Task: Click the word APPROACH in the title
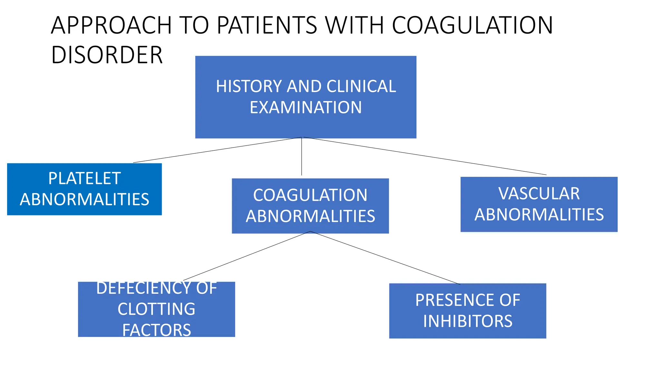[x=111, y=26]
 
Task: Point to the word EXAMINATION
[x=306, y=108]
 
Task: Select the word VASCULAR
[x=539, y=194]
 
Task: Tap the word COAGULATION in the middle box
[x=310, y=195]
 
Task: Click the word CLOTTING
[x=156, y=309]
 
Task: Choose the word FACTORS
[x=156, y=330]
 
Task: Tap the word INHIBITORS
[x=468, y=321]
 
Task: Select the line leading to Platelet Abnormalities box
[x=217, y=150]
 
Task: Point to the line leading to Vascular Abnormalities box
[x=425, y=156]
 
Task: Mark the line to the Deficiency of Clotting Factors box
[x=247, y=256]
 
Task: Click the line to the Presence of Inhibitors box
[x=385, y=258]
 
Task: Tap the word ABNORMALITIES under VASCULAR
[x=539, y=215]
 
